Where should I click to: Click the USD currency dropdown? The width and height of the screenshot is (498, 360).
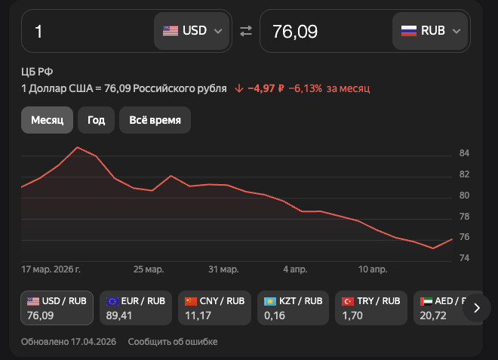(192, 31)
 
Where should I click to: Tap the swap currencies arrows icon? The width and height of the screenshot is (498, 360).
(245, 31)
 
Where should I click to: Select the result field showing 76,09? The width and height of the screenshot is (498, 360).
(324, 31)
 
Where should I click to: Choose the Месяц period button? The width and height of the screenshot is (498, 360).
(47, 120)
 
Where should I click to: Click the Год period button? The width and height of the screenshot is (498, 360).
(96, 120)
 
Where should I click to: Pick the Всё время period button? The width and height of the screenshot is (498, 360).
(155, 120)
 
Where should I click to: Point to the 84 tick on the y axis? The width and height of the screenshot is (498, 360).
(464, 154)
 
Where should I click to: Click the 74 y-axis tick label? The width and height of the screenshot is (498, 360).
(464, 258)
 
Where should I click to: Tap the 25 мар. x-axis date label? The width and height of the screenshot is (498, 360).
(149, 269)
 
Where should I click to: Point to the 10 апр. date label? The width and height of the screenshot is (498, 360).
(372, 269)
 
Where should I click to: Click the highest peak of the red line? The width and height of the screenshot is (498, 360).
(78, 147)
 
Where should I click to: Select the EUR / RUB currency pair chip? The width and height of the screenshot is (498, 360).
(137, 307)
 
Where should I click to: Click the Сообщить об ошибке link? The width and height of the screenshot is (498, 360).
(173, 342)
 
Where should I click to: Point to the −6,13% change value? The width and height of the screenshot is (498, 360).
(305, 88)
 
